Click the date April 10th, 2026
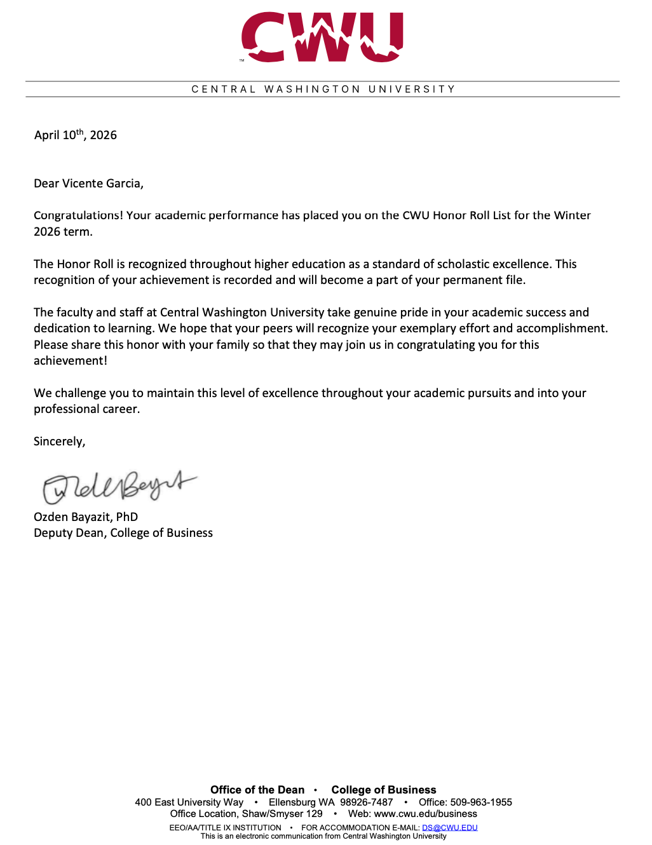pyautogui.click(x=76, y=135)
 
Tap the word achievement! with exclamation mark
pyautogui.click(x=71, y=361)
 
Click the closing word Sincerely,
pyautogui.click(x=60, y=442)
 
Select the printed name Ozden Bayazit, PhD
pyautogui.click(x=86, y=517)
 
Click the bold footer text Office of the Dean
pyautogui.click(x=257, y=790)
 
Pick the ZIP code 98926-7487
pyautogui.click(x=367, y=802)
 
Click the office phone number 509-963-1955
pyautogui.click(x=481, y=802)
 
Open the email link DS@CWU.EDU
pyautogui.click(x=449, y=828)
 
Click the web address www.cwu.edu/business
pyautogui.click(x=425, y=814)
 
